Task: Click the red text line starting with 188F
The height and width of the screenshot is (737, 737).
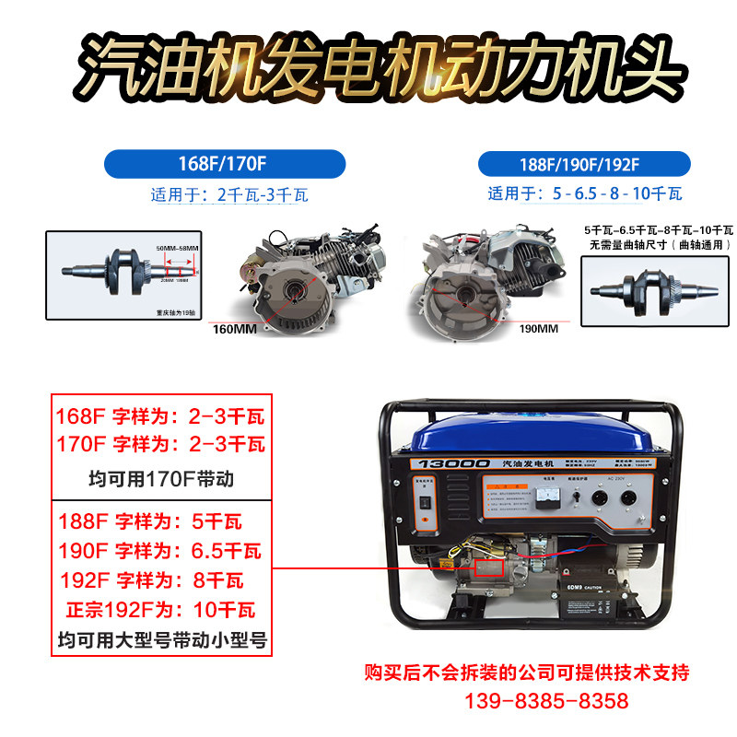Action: coord(149,521)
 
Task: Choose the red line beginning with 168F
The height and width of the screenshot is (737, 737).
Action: coord(160,415)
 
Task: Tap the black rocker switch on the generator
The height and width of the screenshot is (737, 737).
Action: coord(425,503)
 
